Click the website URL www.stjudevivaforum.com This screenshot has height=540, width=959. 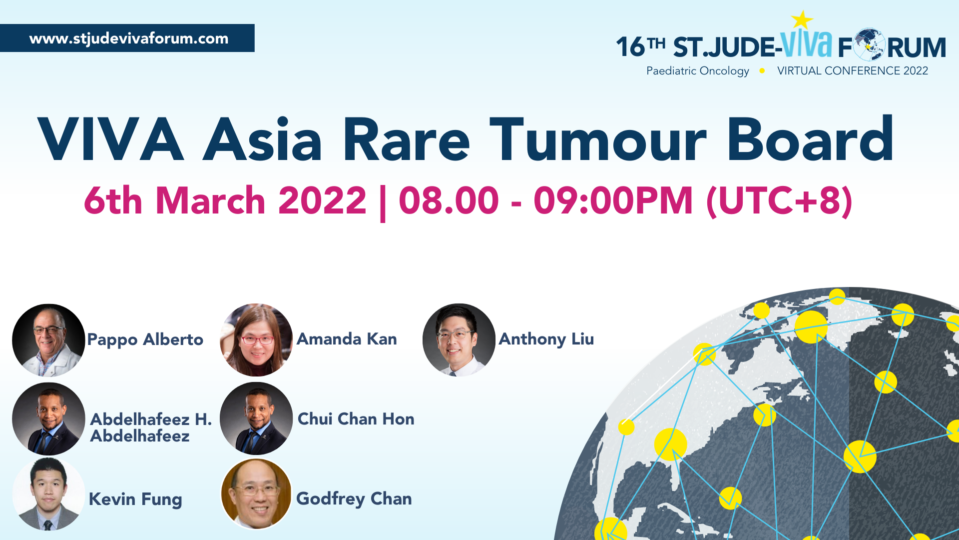129,38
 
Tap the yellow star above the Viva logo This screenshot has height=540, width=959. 802,20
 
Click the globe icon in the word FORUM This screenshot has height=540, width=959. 870,44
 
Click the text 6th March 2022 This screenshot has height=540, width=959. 225,200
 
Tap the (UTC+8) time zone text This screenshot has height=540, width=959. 779,201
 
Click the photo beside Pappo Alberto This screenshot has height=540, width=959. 48,340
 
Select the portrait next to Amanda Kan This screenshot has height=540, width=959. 256,340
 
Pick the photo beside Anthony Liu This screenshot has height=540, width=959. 459,340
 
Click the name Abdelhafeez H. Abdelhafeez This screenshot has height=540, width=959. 151,427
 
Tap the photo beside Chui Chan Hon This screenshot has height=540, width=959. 256,419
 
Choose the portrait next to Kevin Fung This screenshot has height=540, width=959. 48,494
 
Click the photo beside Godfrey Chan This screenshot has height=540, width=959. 256,494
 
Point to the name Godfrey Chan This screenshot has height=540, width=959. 354,499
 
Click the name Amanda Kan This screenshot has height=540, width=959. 347,339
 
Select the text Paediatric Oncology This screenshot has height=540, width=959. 698,71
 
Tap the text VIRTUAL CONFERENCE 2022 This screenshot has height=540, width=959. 853,71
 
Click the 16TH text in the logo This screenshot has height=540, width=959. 641,47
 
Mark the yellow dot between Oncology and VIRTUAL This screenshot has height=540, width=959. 762,71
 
